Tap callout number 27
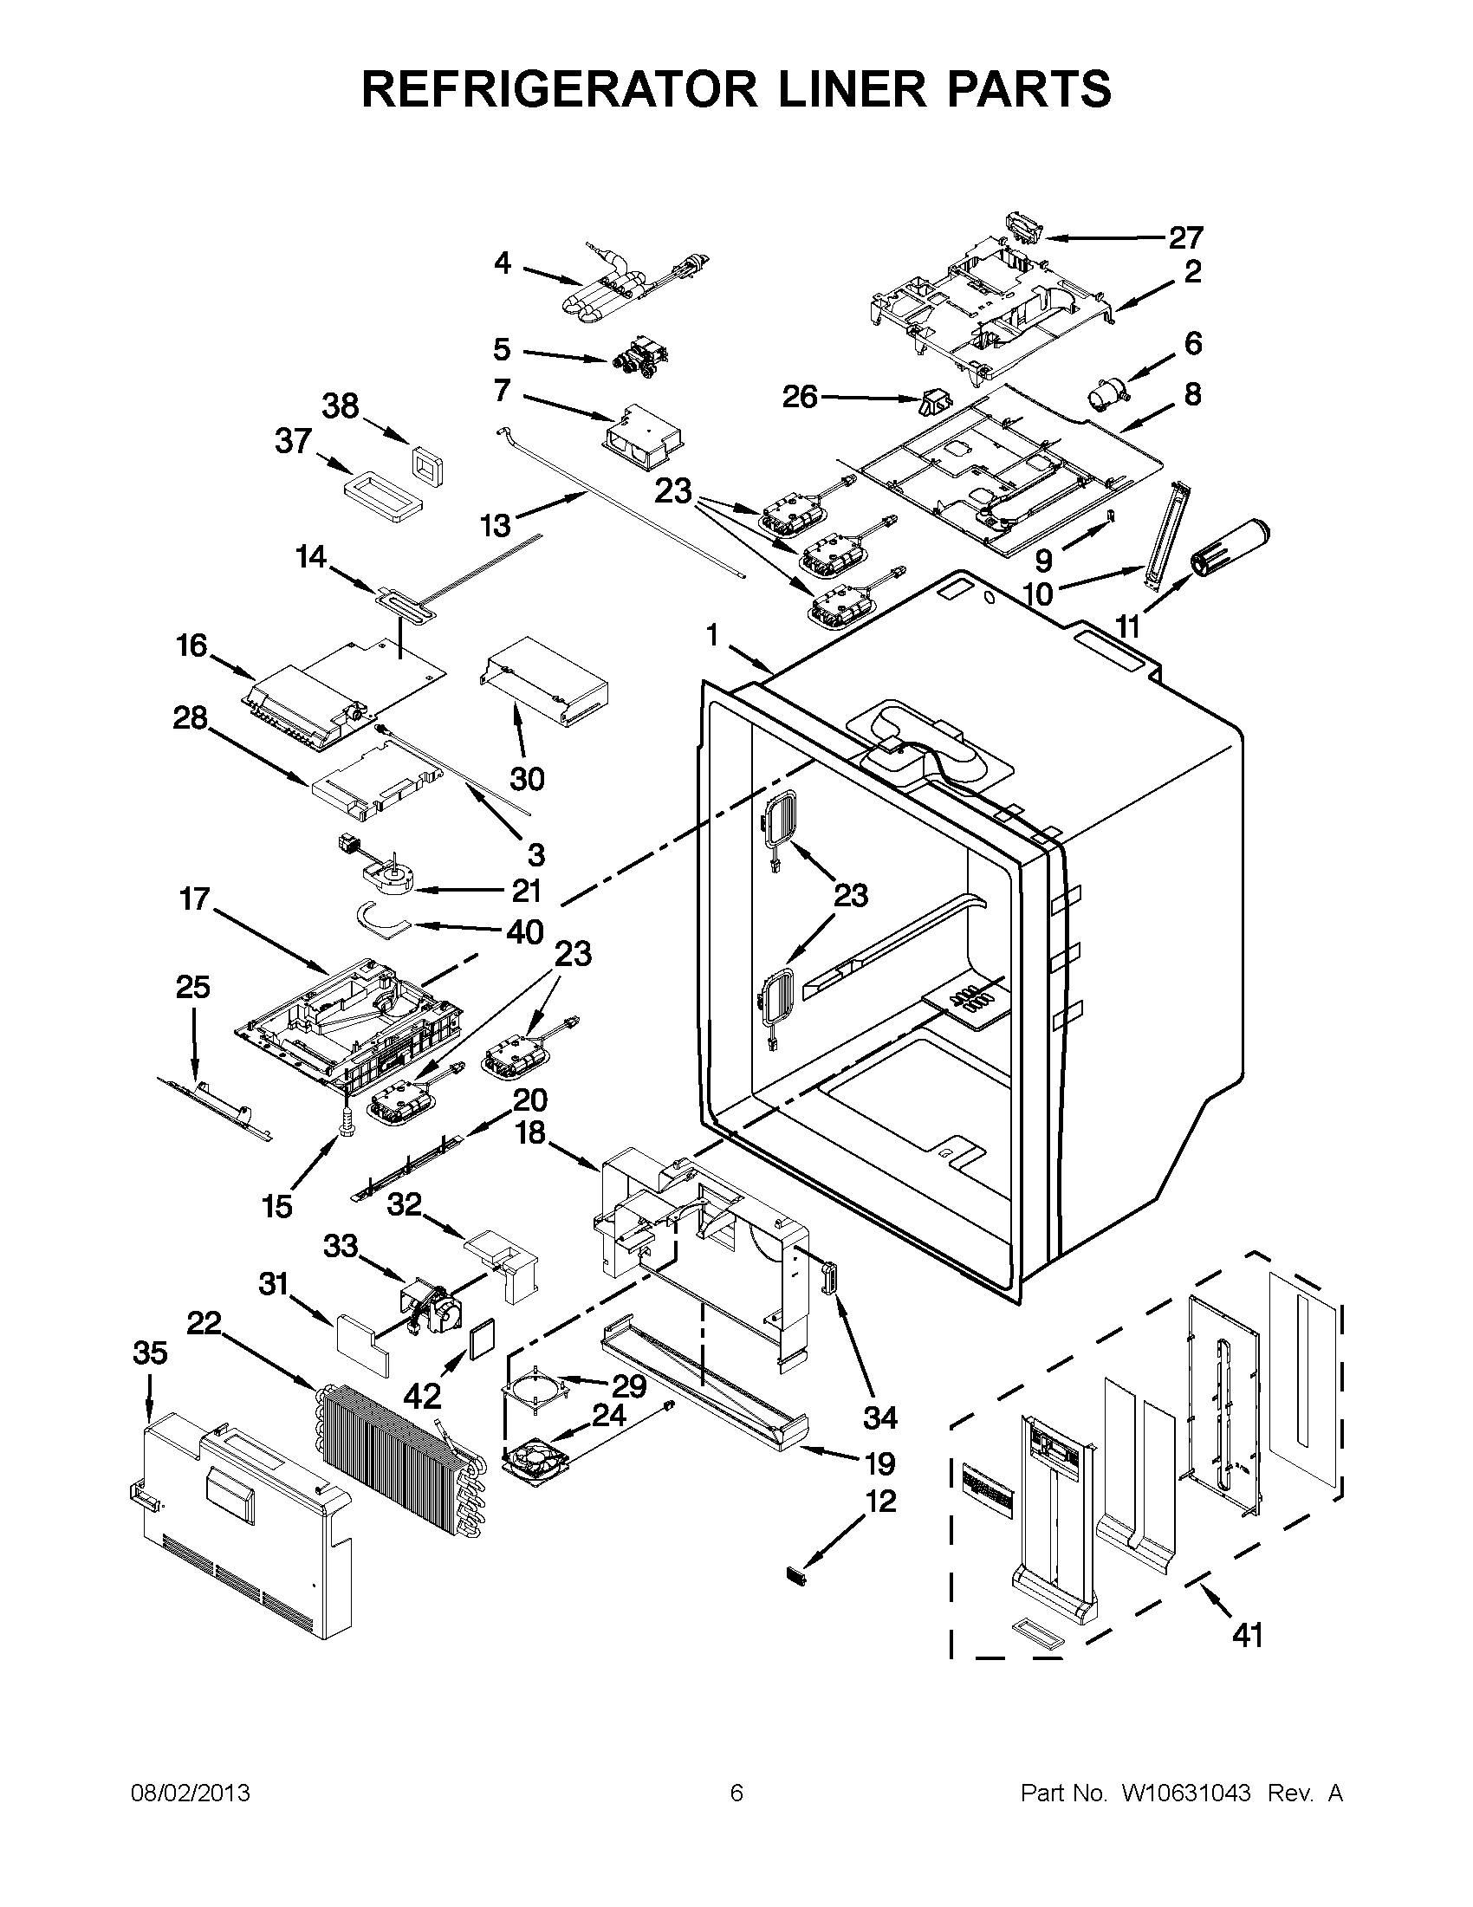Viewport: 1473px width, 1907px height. pos(1185,237)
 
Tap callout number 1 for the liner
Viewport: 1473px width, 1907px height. pos(712,637)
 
